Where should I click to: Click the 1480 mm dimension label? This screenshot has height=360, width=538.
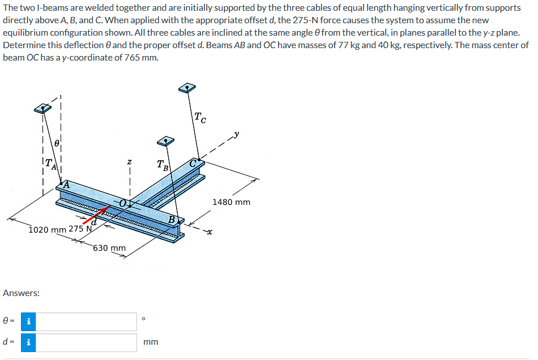coord(231,202)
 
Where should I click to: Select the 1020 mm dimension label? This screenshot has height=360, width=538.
coord(47,229)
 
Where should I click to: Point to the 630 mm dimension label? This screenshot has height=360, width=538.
coord(109,248)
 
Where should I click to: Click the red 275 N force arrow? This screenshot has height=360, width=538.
coord(97,217)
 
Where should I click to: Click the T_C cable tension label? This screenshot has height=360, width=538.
coord(200,118)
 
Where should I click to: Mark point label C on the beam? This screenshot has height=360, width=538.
coord(194,163)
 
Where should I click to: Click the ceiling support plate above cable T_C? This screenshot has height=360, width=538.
coord(186,88)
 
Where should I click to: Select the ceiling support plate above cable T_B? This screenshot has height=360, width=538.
coord(165,140)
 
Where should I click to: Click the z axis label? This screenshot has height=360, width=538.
coord(130,162)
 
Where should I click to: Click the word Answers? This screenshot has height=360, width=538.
coord(21,293)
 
